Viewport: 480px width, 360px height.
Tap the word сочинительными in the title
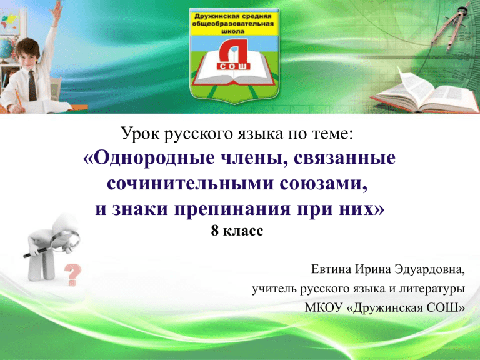191,184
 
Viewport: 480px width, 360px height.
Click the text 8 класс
237,231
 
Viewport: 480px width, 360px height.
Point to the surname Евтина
331,269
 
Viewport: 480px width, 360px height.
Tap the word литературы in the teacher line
432,289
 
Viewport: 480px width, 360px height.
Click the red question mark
74,274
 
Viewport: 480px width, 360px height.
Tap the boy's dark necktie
32,86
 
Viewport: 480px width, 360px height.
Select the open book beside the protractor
426,92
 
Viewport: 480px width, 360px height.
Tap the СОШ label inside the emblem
234,66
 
